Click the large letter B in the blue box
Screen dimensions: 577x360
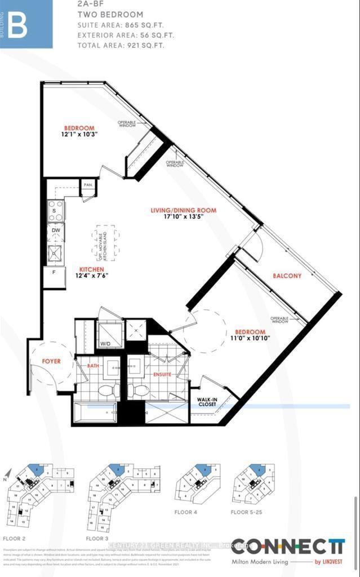pyautogui.click(x=17, y=25)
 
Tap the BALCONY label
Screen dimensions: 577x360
pyautogui.click(x=287, y=276)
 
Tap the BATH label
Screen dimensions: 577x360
pyautogui.click(x=93, y=366)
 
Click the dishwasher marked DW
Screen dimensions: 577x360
pyautogui.click(x=55, y=231)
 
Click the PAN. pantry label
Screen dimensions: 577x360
pyautogui.click(x=88, y=184)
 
